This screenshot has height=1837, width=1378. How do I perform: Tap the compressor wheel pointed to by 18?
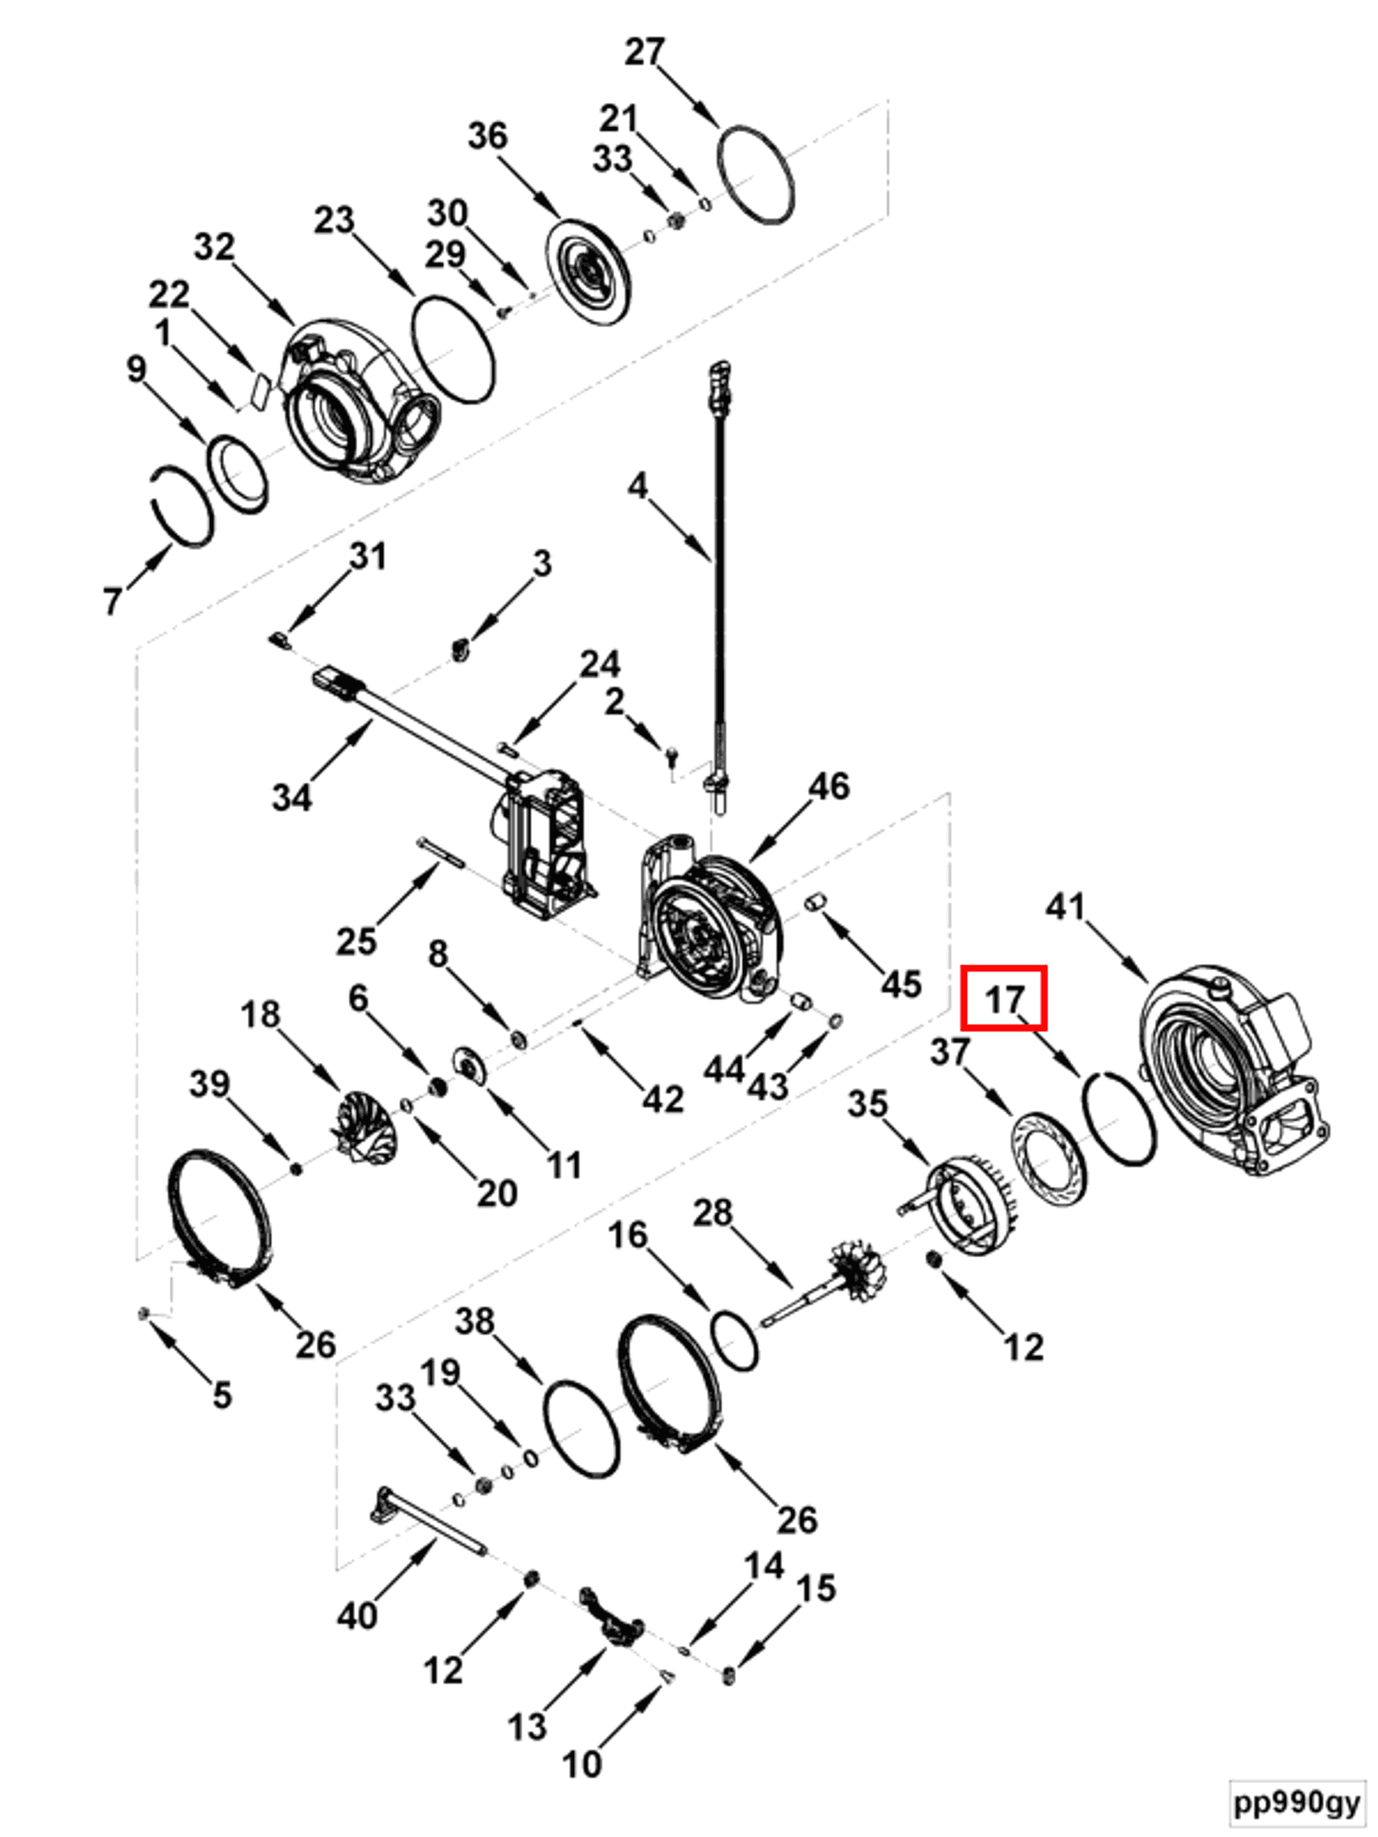364,1127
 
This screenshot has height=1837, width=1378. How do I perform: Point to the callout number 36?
487,135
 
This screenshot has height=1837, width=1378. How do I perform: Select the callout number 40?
358,1616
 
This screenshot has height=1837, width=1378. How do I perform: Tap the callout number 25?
356,941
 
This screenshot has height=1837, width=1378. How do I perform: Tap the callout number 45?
901,983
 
